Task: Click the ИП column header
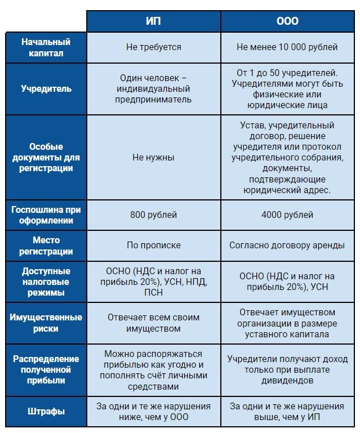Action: pyautogui.click(x=153, y=21)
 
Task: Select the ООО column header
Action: pyautogui.click(x=287, y=21)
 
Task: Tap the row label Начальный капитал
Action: pyautogui.click(x=46, y=47)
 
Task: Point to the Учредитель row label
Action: pyautogui.click(x=46, y=89)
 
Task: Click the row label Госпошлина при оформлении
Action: pyautogui.click(x=46, y=215)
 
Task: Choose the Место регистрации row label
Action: pyautogui.click(x=46, y=245)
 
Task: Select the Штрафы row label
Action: pyautogui.click(x=46, y=412)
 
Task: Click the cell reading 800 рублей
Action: pyautogui.click(x=153, y=215)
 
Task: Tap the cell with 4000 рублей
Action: pyautogui.click(x=287, y=215)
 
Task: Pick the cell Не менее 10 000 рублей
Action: pyautogui.click(x=287, y=47)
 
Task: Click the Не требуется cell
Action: pyautogui.click(x=153, y=47)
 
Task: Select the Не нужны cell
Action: pyautogui.click(x=153, y=158)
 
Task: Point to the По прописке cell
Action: pyautogui.click(x=153, y=245)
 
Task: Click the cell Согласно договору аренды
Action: pyautogui.click(x=287, y=245)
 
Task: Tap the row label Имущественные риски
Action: pyautogui.click(x=46, y=323)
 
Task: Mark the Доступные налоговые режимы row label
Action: pyautogui.click(x=46, y=282)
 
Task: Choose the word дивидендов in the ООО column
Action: pyautogui.click(x=287, y=381)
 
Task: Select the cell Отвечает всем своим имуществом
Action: pyautogui.click(x=153, y=323)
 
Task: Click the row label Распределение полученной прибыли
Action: pyautogui.click(x=46, y=370)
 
